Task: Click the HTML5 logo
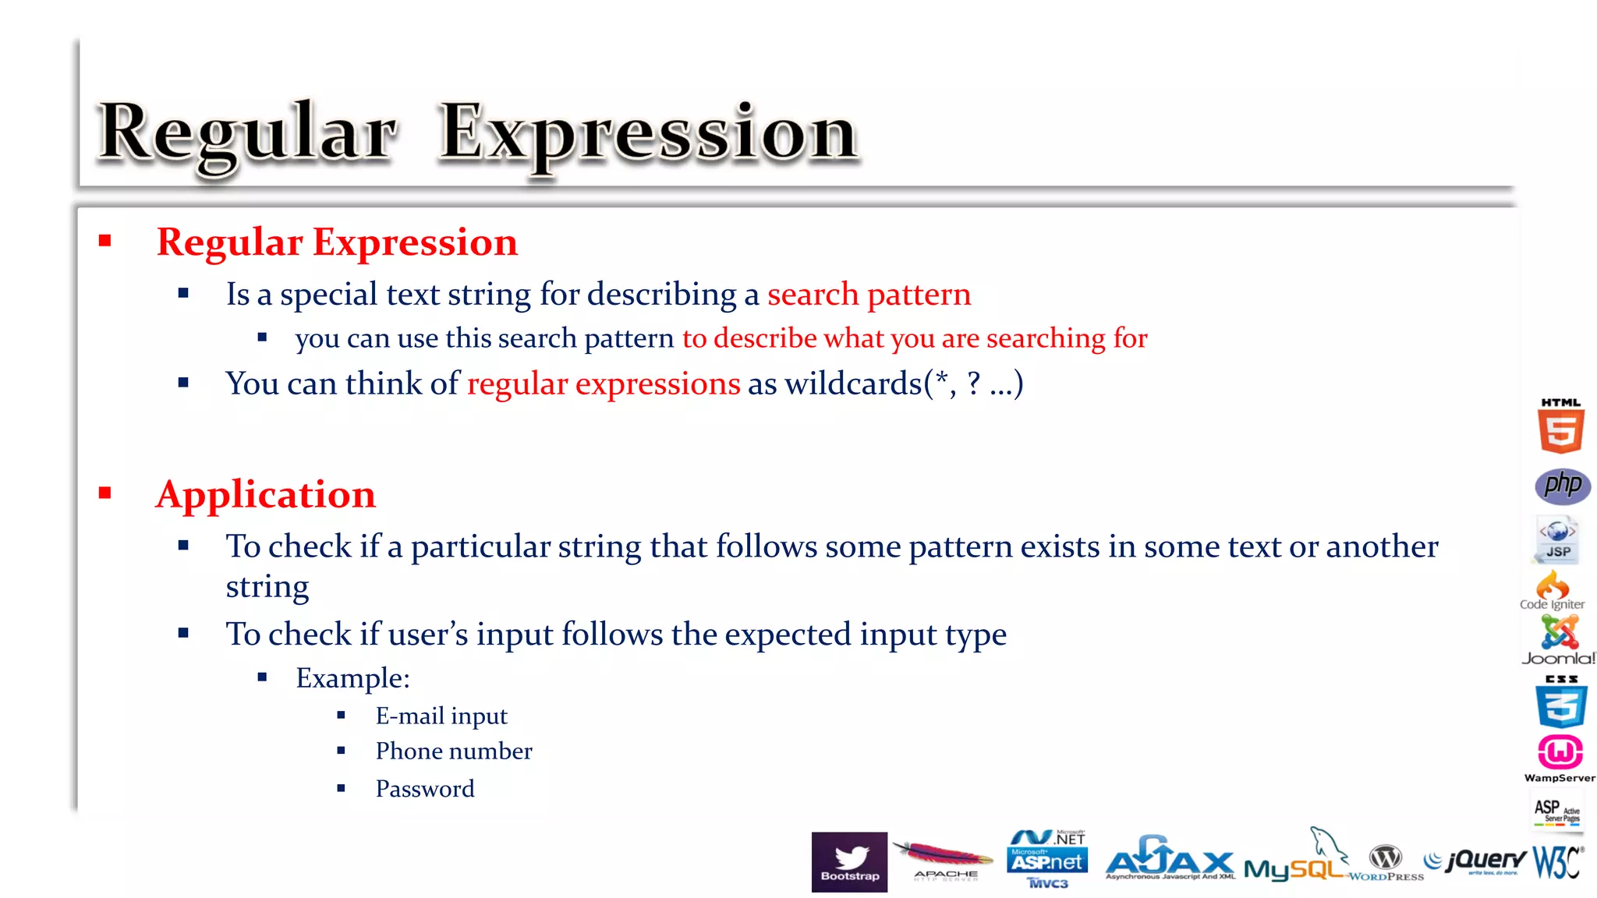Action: click(1560, 426)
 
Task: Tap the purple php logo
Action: click(1562, 486)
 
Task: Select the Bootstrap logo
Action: click(849, 861)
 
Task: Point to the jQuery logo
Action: click(1475, 861)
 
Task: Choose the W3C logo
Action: click(1557, 862)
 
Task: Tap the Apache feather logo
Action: click(944, 860)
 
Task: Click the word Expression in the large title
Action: click(648, 134)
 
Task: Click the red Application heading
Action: click(266, 494)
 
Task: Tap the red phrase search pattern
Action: click(869, 295)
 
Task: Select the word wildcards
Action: click(853, 384)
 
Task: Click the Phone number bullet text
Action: click(454, 751)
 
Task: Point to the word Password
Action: click(425, 788)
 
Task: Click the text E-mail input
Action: click(441, 716)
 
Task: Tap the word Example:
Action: click(352, 678)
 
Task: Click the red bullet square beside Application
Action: click(105, 493)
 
